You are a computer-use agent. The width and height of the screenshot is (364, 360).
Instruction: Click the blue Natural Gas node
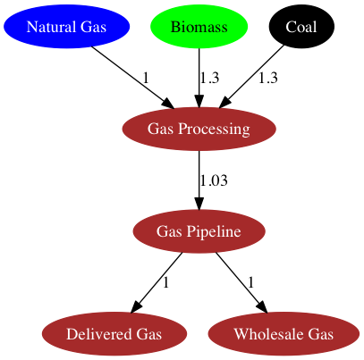click(66, 27)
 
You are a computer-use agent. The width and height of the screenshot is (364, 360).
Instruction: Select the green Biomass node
click(199, 27)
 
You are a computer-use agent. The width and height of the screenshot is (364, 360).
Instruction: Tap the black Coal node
click(301, 27)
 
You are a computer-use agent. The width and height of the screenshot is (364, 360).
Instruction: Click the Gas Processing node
click(199, 129)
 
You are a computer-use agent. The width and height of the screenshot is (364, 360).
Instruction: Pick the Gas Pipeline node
click(199, 231)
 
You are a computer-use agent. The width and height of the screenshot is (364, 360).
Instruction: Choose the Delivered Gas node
click(114, 333)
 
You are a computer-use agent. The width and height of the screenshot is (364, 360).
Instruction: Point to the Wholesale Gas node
click(284, 333)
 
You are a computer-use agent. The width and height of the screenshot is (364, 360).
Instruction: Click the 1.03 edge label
click(214, 180)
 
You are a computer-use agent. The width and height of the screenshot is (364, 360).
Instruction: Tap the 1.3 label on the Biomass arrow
click(209, 78)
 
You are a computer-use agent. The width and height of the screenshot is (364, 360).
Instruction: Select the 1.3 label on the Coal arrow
click(268, 78)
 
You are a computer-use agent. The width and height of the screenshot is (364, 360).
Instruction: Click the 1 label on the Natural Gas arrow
click(146, 78)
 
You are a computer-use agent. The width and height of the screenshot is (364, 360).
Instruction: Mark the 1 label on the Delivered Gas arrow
click(165, 282)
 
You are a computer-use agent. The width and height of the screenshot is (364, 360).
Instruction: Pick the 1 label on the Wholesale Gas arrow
click(251, 282)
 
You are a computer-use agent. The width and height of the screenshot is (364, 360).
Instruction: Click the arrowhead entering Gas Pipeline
click(199, 203)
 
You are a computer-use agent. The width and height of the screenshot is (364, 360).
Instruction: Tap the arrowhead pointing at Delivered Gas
click(136, 306)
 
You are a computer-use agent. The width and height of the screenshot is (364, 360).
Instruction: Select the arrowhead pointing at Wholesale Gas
click(261, 306)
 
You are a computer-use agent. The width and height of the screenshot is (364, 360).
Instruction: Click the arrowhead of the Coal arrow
click(225, 103)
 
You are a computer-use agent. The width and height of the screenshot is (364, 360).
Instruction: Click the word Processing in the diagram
click(214, 130)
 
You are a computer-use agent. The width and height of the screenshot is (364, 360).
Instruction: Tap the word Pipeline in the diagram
click(214, 231)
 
